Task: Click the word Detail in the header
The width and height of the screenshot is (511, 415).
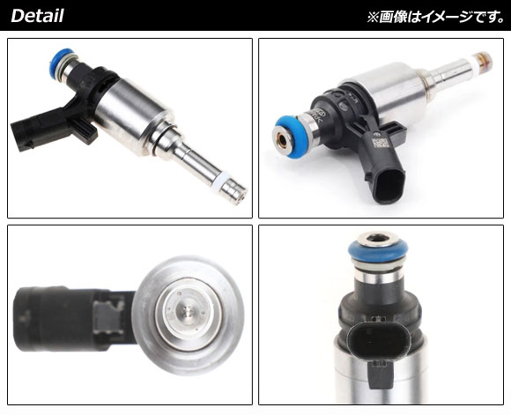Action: [x=37, y=16]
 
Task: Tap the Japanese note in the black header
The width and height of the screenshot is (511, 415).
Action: [x=436, y=17]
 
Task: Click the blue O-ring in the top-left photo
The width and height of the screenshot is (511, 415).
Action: [x=60, y=60]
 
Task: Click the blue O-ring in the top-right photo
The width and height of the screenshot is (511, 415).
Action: [x=290, y=137]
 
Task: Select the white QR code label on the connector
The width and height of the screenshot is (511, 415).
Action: [x=378, y=143]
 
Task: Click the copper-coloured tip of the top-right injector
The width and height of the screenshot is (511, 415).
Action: [x=485, y=60]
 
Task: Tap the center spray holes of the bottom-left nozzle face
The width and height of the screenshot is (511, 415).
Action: [x=187, y=311]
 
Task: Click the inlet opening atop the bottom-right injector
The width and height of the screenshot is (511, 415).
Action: [x=378, y=239]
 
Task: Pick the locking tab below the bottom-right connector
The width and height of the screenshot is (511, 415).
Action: [x=380, y=374]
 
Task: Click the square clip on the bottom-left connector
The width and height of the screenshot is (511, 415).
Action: [x=108, y=316]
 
